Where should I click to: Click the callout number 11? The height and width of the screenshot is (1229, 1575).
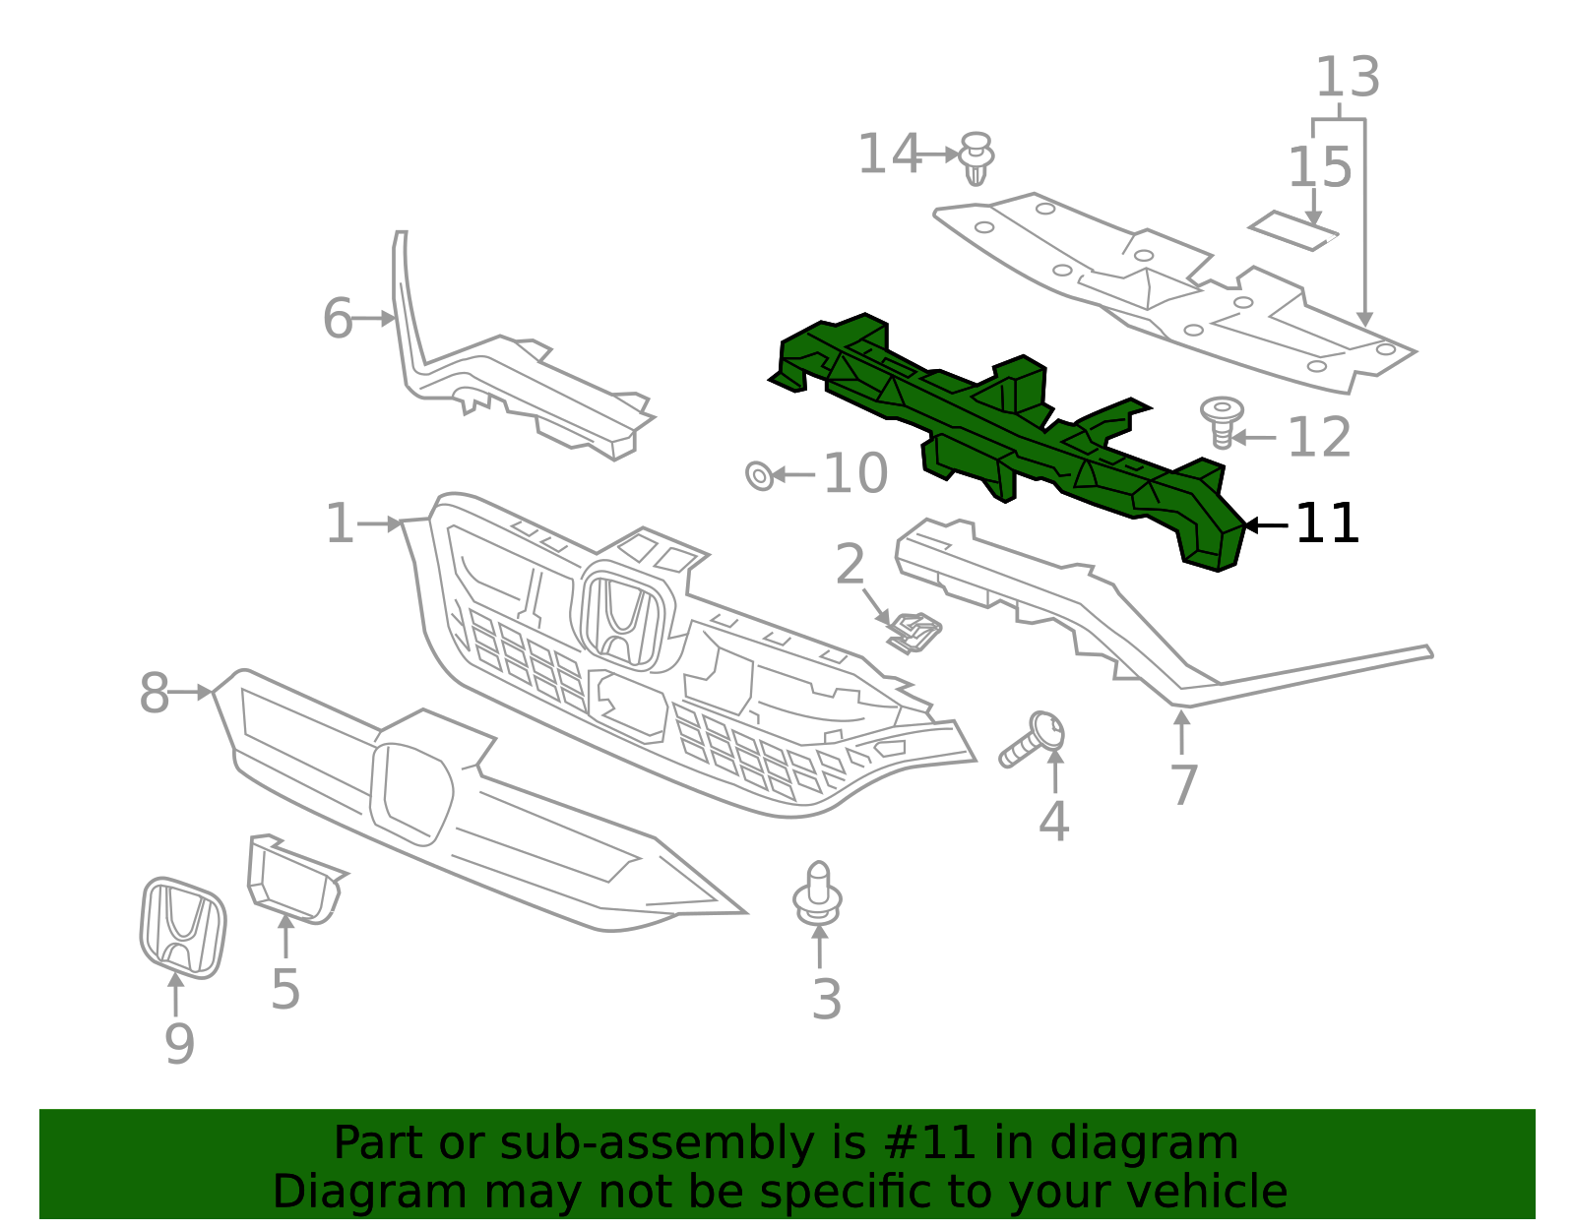(1327, 523)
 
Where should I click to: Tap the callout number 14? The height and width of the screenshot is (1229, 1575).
(888, 154)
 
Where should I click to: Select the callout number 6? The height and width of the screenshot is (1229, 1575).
(337, 319)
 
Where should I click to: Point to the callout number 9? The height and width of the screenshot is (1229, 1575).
(179, 1043)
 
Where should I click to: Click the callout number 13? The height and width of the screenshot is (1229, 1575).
(1348, 77)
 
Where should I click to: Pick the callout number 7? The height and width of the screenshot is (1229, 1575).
(1183, 785)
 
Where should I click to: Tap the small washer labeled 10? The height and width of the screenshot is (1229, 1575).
(759, 475)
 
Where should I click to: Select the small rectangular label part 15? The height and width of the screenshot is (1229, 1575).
(1293, 230)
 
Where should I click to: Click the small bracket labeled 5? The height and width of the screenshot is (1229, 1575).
(292, 879)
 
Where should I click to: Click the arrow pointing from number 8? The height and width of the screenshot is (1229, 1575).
(191, 693)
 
